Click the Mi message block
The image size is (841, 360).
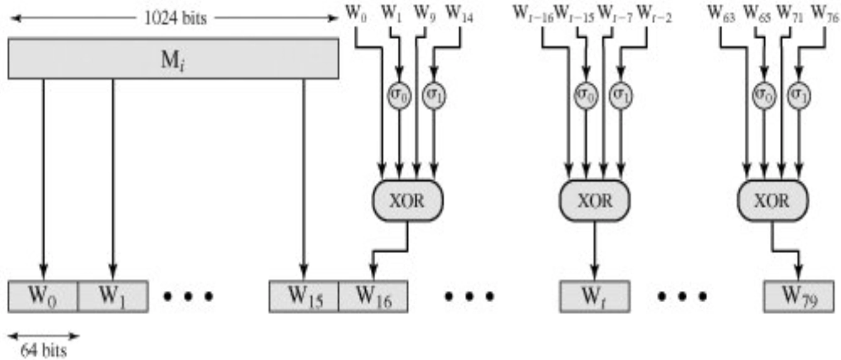[x=173, y=58]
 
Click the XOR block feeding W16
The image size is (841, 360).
[x=408, y=200]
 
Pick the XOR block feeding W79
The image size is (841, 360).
[x=771, y=200]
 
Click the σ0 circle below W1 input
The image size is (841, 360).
[x=399, y=96]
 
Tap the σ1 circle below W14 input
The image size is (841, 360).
[x=433, y=96]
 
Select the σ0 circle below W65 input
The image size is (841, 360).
[x=764, y=96]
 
